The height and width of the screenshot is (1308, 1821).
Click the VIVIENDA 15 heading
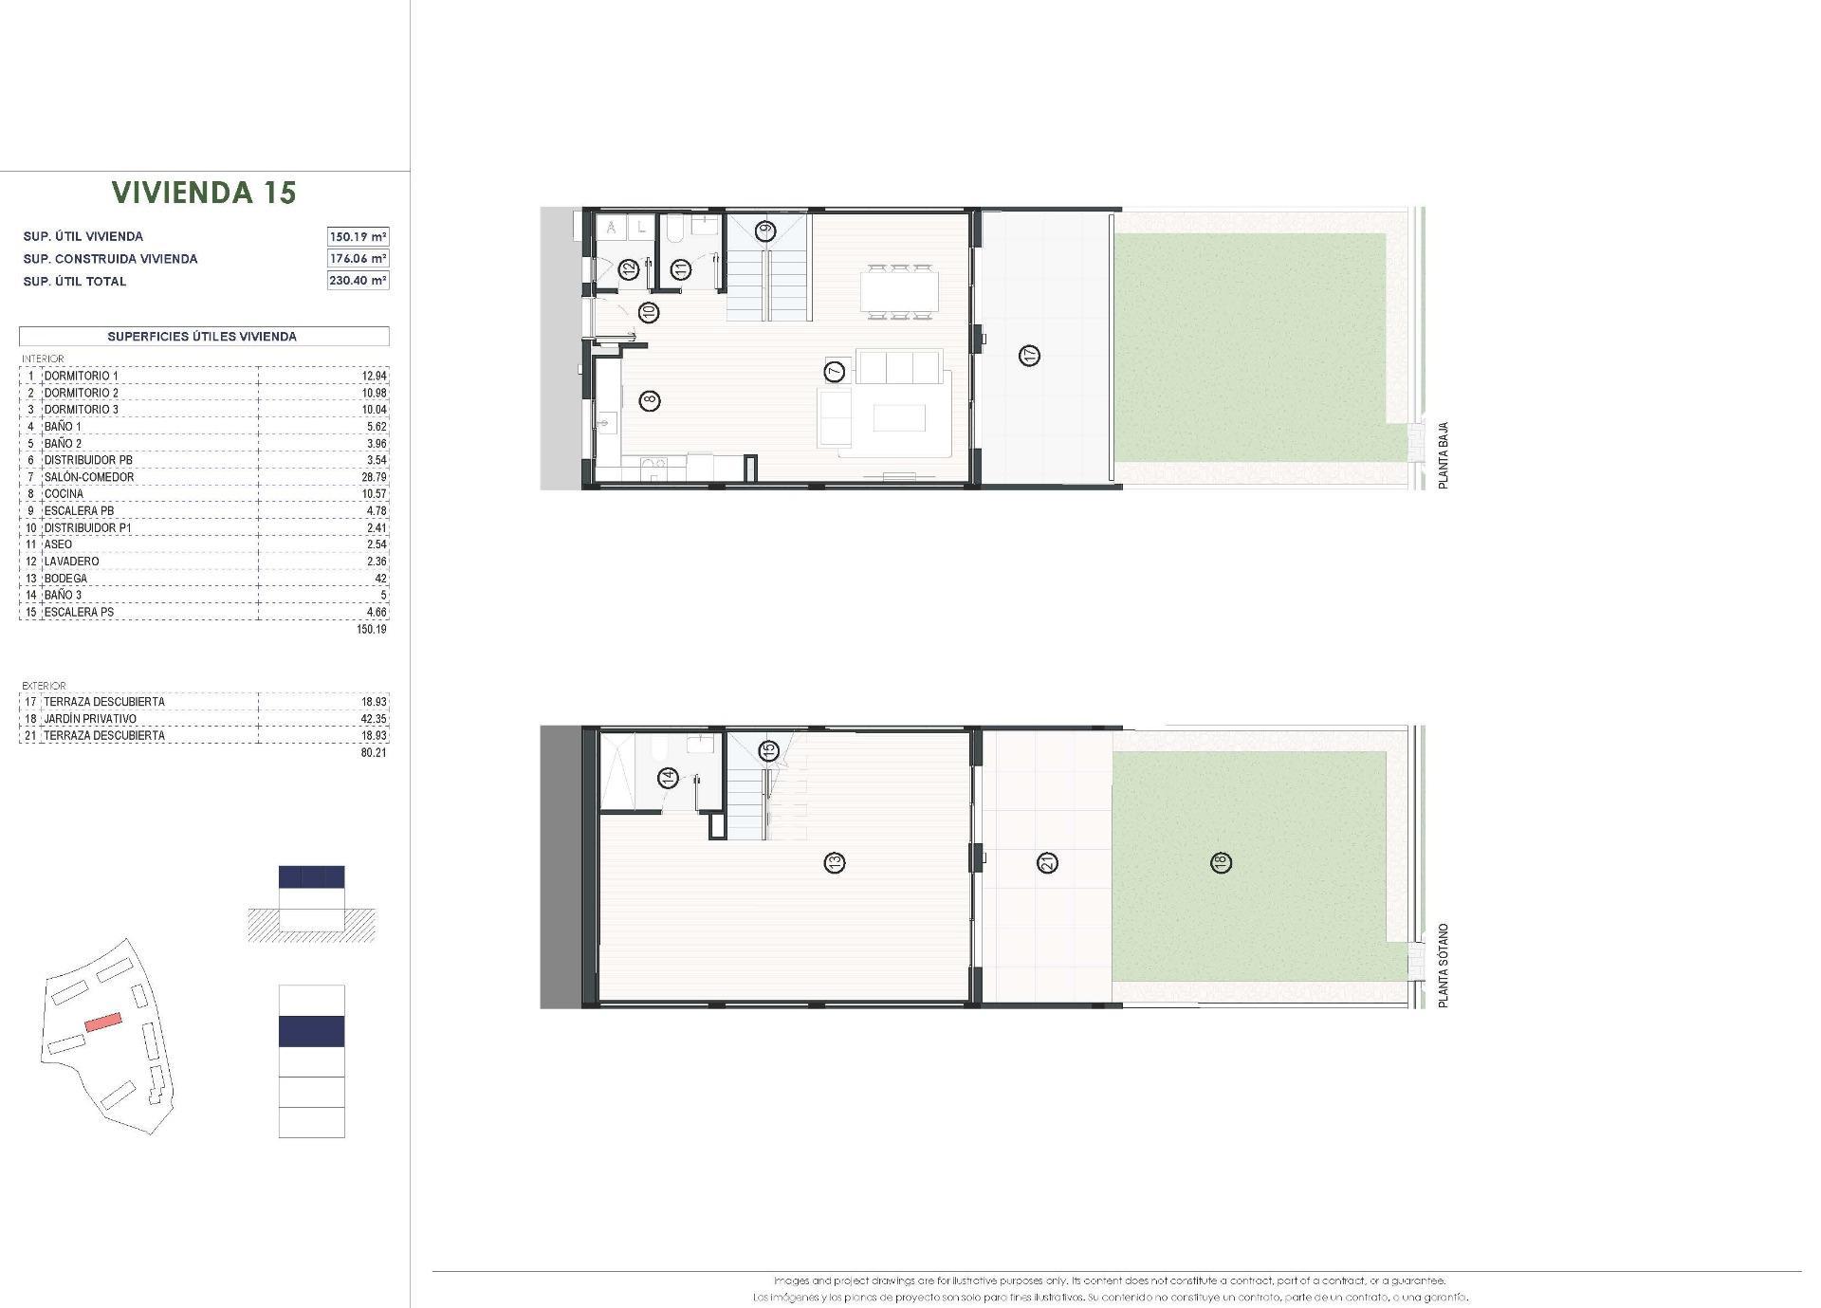point(204,193)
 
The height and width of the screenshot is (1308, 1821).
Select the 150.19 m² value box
point(358,236)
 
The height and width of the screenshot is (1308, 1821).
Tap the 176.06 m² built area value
point(358,258)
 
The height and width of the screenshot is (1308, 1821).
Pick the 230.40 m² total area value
point(358,280)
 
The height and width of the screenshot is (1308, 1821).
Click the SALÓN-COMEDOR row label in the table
point(89,477)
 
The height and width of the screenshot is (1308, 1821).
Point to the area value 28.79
point(376,477)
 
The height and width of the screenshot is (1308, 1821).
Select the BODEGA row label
point(65,579)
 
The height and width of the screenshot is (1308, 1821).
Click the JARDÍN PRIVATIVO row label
point(90,719)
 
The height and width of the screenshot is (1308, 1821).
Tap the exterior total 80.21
point(374,753)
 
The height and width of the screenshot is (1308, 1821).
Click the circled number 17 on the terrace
point(1029,356)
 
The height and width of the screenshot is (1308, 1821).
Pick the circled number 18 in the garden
point(1221,862)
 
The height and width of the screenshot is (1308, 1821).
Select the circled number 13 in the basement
point(835,862)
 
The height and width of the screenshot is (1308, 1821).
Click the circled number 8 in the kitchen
point(650,400)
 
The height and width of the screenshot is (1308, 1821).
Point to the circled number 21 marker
point(1048,862)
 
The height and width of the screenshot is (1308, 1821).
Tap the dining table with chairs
point(899,289)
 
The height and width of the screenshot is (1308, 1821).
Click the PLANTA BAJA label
point(1444,455)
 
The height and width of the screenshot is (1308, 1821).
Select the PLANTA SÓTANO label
point(1444,965)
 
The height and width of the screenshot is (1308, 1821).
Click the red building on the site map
point(103,1022)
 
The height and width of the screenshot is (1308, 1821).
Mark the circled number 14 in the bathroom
point(669,779)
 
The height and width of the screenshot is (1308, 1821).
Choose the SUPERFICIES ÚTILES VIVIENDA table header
point(203,337)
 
